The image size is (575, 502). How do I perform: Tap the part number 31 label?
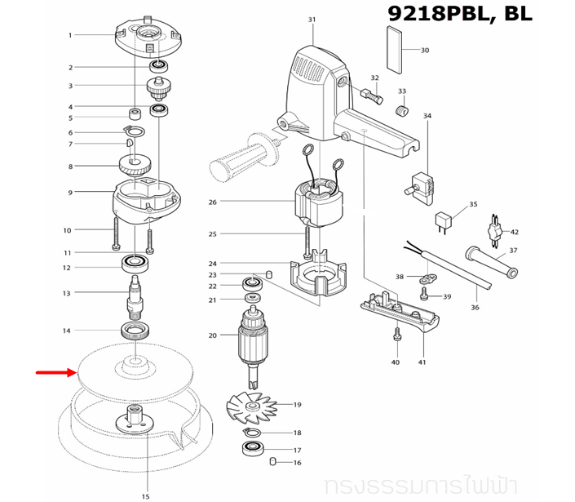(x=312, y=19)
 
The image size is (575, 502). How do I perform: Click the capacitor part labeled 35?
(x=445, y=220)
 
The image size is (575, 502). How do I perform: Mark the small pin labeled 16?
(x=273, y=463)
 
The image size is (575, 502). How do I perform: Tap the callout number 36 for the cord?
(x=475, y=308)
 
